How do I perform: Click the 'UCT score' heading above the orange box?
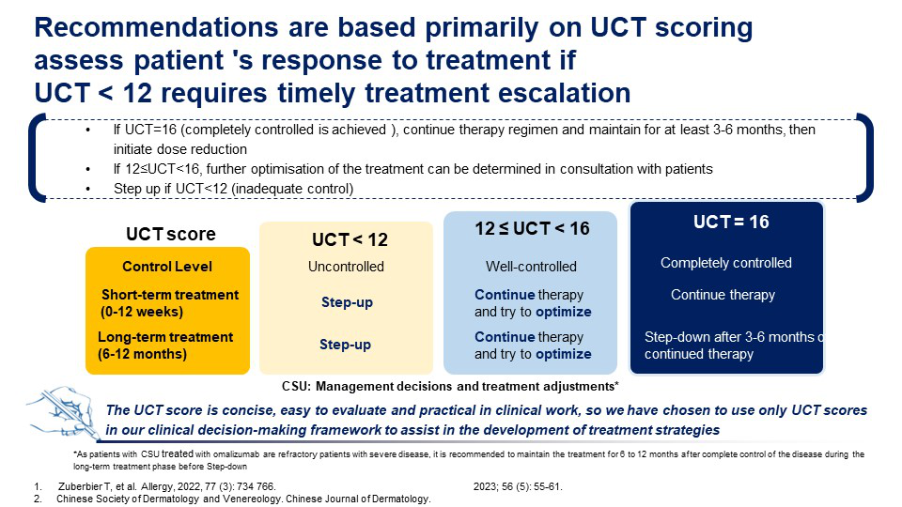coord(171,234)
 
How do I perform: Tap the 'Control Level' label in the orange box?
coord(167,267)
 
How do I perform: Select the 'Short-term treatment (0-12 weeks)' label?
coord(169,303)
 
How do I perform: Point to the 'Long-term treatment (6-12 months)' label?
coord(165,346)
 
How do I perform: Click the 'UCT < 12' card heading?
coord(350,239)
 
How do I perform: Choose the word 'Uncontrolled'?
coord(346,267)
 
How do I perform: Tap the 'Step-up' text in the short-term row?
coord(347,302)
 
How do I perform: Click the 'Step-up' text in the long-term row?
coord(345,345)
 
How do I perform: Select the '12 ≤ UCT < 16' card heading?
coord(532,229)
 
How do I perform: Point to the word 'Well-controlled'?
coord(531,267)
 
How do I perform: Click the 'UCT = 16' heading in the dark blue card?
coord(731,222)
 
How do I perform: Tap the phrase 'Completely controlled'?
coord(726,263)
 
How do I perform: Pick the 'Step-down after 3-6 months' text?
coord(729,337)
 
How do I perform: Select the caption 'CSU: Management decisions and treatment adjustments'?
coord(450,386)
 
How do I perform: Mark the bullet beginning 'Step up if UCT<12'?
coord(234,189)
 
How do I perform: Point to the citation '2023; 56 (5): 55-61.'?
coord(518,487)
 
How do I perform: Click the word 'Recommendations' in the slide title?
coord(155,27)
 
